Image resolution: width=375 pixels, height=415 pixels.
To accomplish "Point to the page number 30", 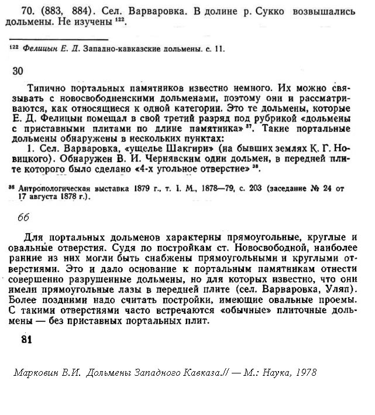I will click(x=18, y=71).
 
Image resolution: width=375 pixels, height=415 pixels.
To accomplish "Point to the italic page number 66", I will click(x=23, y=218).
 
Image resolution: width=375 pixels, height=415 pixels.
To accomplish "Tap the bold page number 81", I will click(x=26, y=339).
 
